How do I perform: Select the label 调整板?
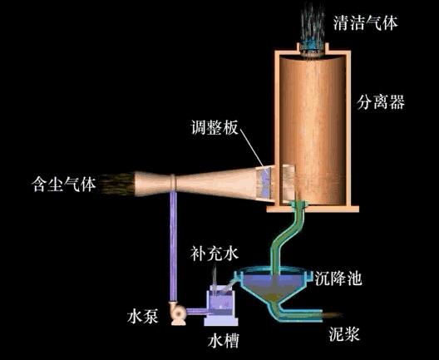click(x=215, y=127)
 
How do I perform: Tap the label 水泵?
click(x=142, y=317)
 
